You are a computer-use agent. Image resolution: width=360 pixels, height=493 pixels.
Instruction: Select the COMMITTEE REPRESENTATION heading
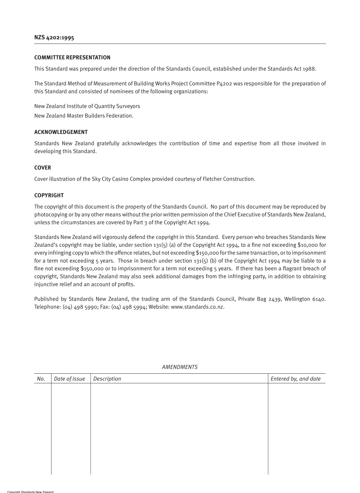(x=72, y=58)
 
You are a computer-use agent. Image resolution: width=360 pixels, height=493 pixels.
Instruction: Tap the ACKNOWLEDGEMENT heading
(x=61, y=132)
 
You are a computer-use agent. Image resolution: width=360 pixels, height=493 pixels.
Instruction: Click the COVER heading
(x=42, y=168)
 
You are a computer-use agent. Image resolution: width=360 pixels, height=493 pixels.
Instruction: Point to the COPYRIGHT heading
(x=49, y=195)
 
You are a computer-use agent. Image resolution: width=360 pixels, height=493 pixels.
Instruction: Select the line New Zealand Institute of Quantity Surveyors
(x=87, y=106)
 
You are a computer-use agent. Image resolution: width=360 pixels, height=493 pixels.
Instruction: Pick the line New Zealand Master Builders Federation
(x=84, y=116)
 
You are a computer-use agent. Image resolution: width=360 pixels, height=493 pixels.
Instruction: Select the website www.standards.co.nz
(x=197, y=307)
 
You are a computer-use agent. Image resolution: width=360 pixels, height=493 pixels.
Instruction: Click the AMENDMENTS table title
(x=180, y=367)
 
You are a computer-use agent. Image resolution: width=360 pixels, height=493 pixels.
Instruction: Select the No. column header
(x=41, y=379)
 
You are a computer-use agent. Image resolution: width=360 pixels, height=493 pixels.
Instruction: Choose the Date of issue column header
(x=69, y=379)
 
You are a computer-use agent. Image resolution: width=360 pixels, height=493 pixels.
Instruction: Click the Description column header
(x=107, y=379)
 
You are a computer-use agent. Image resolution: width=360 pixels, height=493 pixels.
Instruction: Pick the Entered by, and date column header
(x=296, y=379)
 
